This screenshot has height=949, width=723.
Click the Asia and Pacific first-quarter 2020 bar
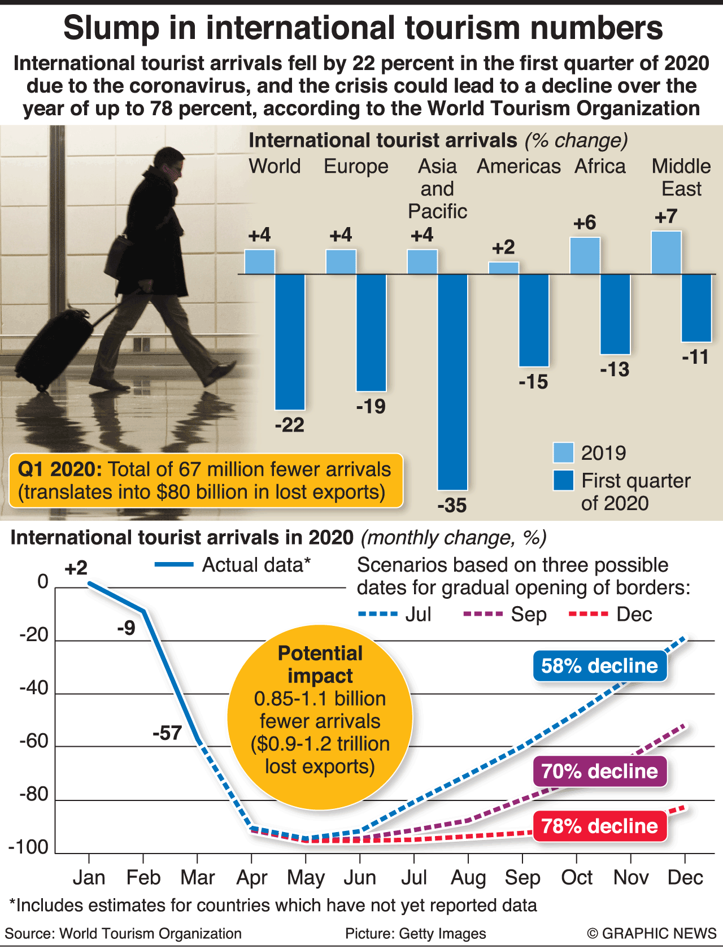[x=452, y=381]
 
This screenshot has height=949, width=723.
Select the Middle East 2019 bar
[x=666, y=253]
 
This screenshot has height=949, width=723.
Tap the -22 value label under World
[x=290, y=425]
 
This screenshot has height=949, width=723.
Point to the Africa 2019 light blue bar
[x=585, y=256]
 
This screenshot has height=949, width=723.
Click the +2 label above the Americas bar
[x=503, y=247]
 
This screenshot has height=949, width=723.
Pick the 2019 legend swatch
[x=563, y=453]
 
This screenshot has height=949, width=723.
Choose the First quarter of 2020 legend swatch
[x=563, y=480]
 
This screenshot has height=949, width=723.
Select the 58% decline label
[x=599, y=666]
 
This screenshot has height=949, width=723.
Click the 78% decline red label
[x=599, y=826]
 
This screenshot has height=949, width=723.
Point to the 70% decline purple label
[x=599, y=772]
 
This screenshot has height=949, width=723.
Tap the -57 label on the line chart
[x=167, y=733]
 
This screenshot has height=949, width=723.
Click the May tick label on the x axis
[x=306, y=878]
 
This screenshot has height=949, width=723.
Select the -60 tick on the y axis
[x=34, y=741]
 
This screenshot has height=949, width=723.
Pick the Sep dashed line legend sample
[x=483, y=614]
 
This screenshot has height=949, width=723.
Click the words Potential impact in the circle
[x=320, y=664]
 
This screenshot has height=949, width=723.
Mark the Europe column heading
[x=356, y=167]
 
